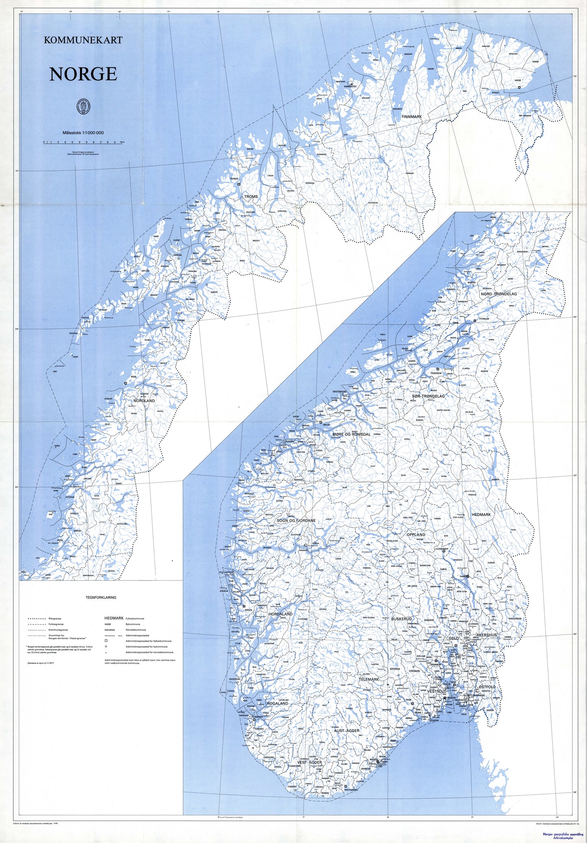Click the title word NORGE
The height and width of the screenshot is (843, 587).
(x=83, y=74)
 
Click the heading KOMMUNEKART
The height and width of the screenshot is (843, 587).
(x=83, y=40)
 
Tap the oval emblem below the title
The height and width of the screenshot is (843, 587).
(x=84, y=107)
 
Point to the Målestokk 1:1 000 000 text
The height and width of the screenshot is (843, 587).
(x=83, y=133)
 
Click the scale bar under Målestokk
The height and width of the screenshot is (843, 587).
(x=83, y=143)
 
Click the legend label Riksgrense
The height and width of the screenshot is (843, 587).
(x=54, y=618)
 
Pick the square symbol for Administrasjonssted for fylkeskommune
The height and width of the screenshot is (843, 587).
(x=106, y=641)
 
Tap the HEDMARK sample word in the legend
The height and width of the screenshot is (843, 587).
(x=114, y=618)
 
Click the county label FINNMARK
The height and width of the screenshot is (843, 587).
(x=412, y=117)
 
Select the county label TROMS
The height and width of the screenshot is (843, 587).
(x=251, y=197)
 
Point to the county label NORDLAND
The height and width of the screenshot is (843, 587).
(x=144, y=401)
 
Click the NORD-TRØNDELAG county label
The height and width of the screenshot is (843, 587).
(x=498, y=294)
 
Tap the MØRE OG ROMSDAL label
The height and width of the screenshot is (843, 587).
(x=351, y=434)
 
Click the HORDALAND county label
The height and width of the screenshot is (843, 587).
(x=280, y=614)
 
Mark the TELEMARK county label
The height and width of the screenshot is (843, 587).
(x=368, y=679)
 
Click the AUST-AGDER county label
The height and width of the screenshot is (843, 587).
(x=346, y=730)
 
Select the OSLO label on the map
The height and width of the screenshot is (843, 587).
(x=453, y=638)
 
